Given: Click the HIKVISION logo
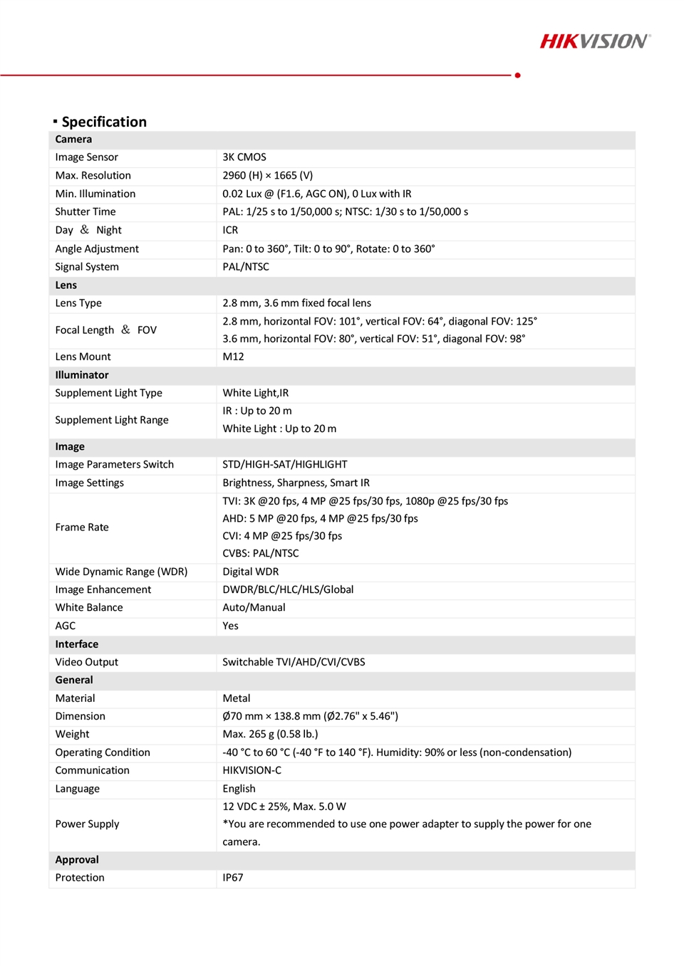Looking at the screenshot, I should point(594,41).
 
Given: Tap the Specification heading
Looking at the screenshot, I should point(104,122).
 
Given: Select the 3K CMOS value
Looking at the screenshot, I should point(244,157).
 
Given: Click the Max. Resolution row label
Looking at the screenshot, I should point(93,176).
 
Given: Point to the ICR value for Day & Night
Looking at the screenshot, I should point(230,230).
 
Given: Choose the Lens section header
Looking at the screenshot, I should point(66,285).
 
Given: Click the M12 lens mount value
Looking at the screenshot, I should point(233,357).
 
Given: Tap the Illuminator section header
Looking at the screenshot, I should point(82,375).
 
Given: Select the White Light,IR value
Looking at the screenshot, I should point(256,393).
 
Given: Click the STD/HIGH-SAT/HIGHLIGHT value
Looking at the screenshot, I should point(285,465).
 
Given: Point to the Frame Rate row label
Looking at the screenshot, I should point(82,527).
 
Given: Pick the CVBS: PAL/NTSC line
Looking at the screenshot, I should point(261,553).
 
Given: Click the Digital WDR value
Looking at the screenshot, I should point(251,572).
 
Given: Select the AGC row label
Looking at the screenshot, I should point(66,626).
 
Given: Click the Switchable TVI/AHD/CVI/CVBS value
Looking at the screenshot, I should point(294,662).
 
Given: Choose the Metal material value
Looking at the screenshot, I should point(237,698).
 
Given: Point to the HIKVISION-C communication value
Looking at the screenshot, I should point(252,770).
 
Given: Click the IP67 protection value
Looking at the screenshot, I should point(233,878).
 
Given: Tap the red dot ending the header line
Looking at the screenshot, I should point(517,75).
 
